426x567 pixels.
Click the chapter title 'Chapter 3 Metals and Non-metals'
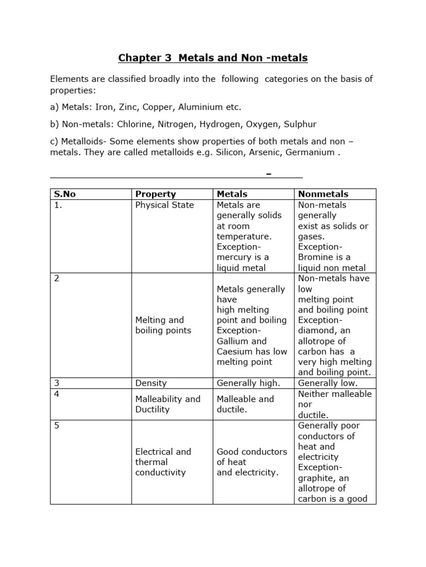[x=213, y=58]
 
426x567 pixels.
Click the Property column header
[x=155, y=194]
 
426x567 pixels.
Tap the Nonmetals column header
[x=323, y=194]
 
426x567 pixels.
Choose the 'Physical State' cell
[x=165, y=205]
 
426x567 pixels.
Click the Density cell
[x=151, y=383]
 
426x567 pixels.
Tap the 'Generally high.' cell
[x=248, y=383]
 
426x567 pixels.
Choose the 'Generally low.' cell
[x=328, y=383]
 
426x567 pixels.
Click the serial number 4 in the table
[x=57, y=394]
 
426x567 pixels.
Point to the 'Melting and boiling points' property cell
[x=163, y=325]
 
